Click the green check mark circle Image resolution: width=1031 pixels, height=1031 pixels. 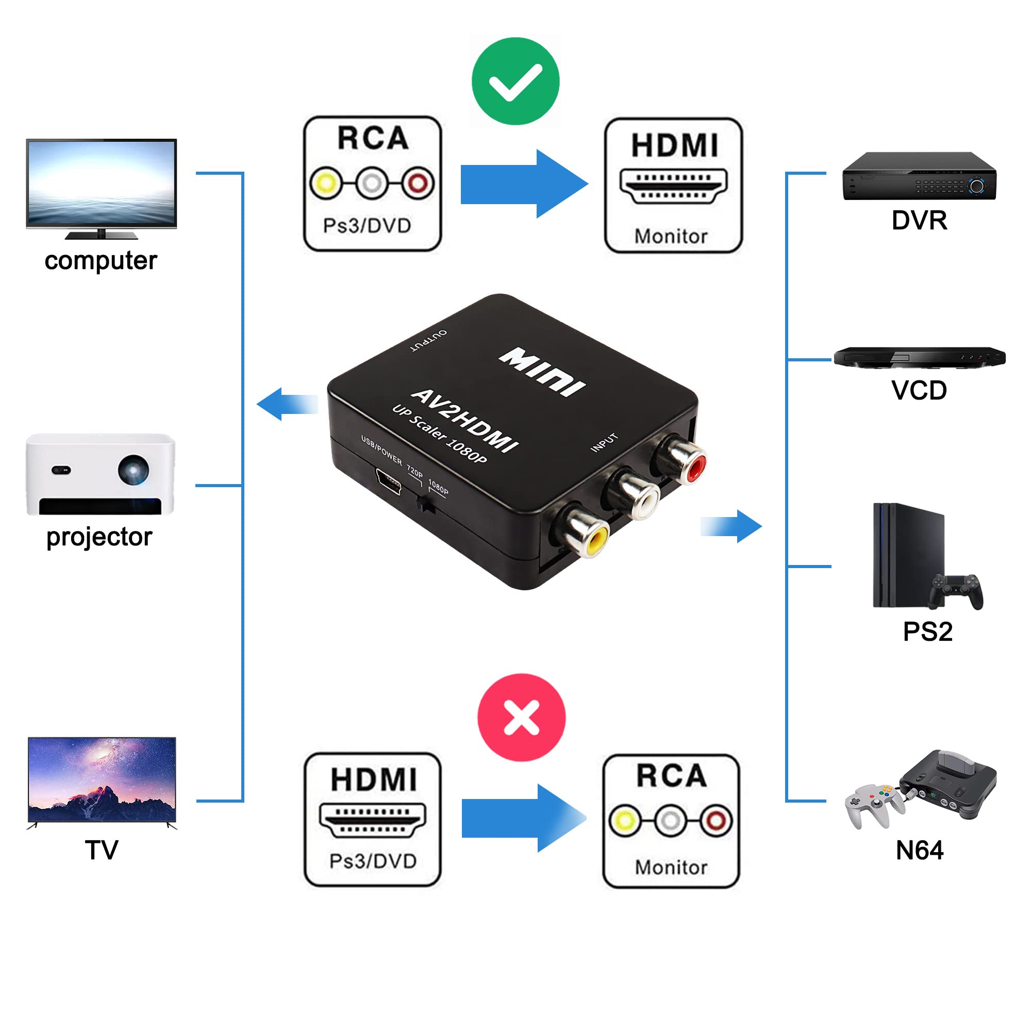pyautogui.click(x=515, y=81)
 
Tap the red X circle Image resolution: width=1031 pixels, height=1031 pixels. pyautogui.click(x=521, y=717)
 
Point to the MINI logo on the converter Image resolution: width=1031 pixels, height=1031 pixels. pyautogui.click(x=542, y=372)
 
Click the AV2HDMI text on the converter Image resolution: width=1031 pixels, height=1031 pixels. pyautogui.click(x=464, y=421)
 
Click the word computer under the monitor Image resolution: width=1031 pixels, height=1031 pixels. pyautogui.click(x=101, y=261)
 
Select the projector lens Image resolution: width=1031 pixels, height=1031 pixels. pyautogui.click(x=133, y=469)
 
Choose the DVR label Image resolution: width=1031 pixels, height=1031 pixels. pyautogui.click(x=919, y=221)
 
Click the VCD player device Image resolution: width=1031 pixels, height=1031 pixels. pyautogui.click(x=919, y=357)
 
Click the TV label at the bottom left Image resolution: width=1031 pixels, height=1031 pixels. pyautogui.click(x=102, y=850)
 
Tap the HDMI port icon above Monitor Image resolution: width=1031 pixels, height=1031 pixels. pyautogui.click(x=673, y=186)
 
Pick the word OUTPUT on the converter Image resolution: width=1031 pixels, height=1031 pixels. pyautogui.click(x=428, y=340)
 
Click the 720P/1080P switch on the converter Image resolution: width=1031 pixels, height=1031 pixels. pyautogui.click(x=425, y=504)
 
